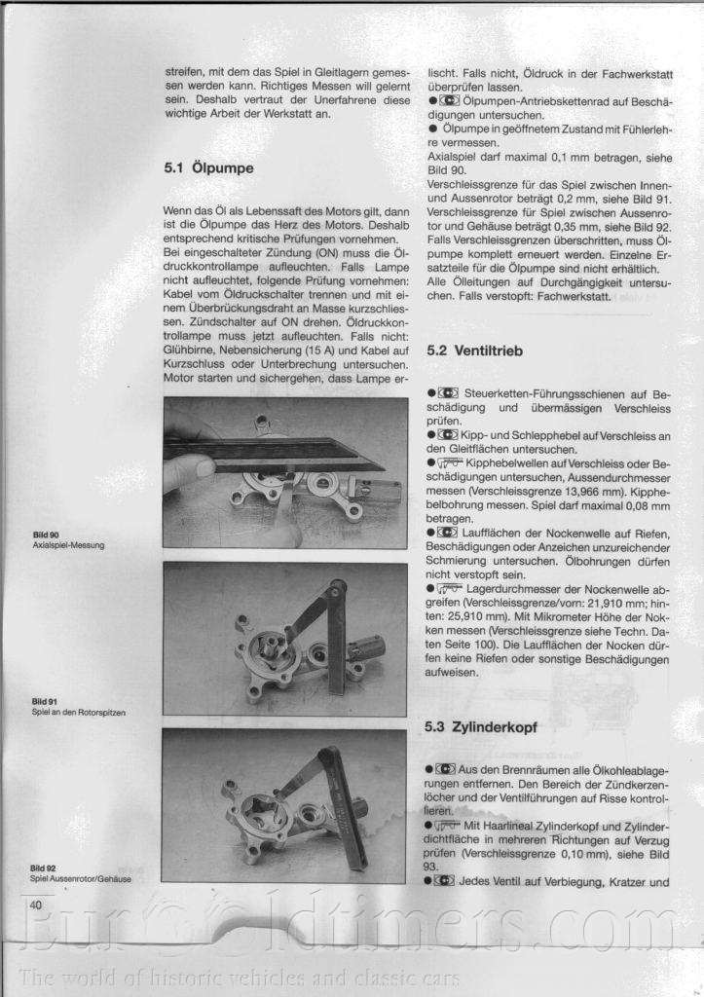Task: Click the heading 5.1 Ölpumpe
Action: [208, 168]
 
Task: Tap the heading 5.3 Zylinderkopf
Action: [481, 727]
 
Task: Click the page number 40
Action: [37, 905]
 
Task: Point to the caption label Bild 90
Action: [45, 535]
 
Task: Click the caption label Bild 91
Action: [45, 701]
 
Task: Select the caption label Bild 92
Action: [45, 868]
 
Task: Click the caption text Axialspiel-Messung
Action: [68, 545]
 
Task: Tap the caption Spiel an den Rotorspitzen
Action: [78, 712]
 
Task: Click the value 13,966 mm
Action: [564, 491]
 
